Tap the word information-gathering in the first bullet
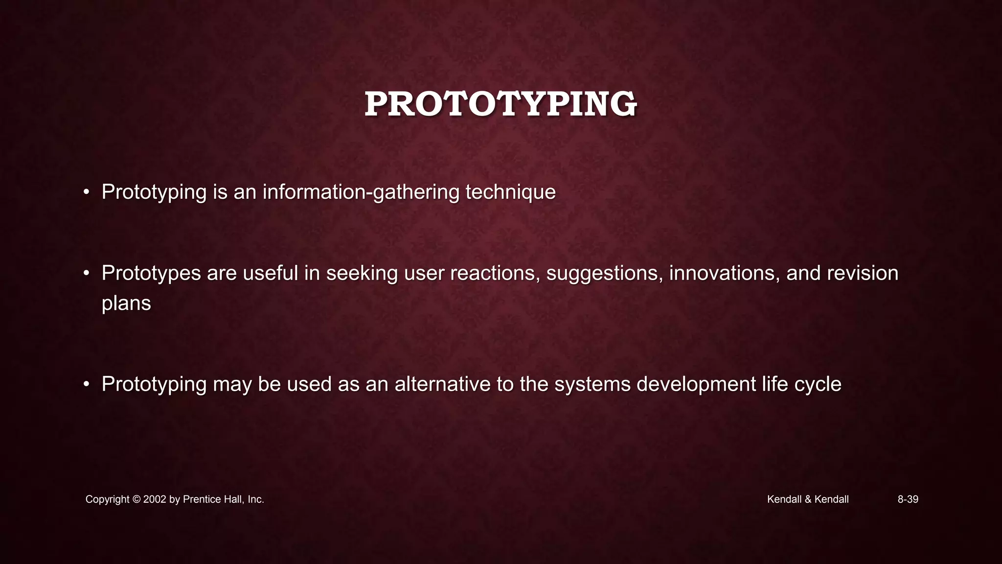click(x=361, y=192)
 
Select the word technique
click(x=510, y=192)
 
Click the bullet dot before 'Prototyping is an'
click(x=86, y=192)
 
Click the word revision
click(x=863, y=273)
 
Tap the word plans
click(x=126, y=304)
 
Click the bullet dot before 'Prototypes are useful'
click(x=86, y=273)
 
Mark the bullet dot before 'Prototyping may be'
click(x=86, y=384)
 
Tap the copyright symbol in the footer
click(x=137, y=499)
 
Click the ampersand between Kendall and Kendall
click(x=808, y=499)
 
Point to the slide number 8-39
click(x=908, y=499)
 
